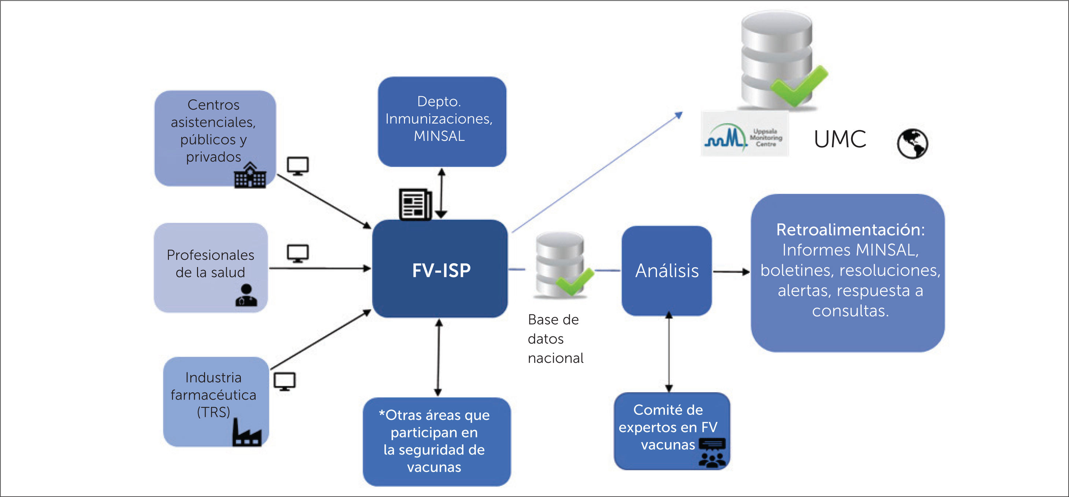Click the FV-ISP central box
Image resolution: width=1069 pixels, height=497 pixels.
[x=440, y=269]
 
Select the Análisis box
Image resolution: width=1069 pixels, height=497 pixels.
[x=667, y=271]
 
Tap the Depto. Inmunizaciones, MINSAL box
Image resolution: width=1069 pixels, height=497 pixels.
[x=442, y=122]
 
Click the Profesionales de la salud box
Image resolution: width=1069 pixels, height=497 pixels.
[x=210, y=264]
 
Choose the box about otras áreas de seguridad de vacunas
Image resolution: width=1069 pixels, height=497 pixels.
[x=436, y=441]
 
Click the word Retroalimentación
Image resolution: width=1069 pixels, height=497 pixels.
[x=850, y=229]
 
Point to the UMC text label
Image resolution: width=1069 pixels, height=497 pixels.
[x=840, y=139]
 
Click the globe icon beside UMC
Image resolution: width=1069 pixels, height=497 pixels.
[x=912, y=144]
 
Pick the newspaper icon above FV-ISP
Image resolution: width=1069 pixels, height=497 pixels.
[x=415, y=204]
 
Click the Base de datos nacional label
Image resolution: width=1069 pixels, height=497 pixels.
[x=555, y=339]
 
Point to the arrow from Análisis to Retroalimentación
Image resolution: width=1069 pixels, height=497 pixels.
[x=731, y=272]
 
